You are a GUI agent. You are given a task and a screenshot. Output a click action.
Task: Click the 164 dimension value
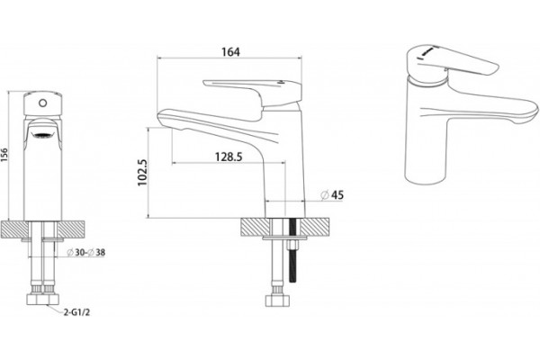point(230,51)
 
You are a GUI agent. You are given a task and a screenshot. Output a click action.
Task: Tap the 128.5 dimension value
point(229,157)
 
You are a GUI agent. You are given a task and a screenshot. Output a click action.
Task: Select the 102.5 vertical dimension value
point(142,173)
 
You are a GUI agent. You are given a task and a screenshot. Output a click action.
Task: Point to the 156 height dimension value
point(4,156)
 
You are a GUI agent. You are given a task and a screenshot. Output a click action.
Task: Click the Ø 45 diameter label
point(332,195)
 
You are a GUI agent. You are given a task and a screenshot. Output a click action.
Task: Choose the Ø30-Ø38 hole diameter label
point(85,253)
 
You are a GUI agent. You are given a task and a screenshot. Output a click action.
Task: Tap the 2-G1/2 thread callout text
point(76,312)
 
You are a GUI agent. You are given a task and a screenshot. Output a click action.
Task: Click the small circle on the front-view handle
point(42,103)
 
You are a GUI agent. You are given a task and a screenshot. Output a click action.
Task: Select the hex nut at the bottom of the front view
point(42,299)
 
